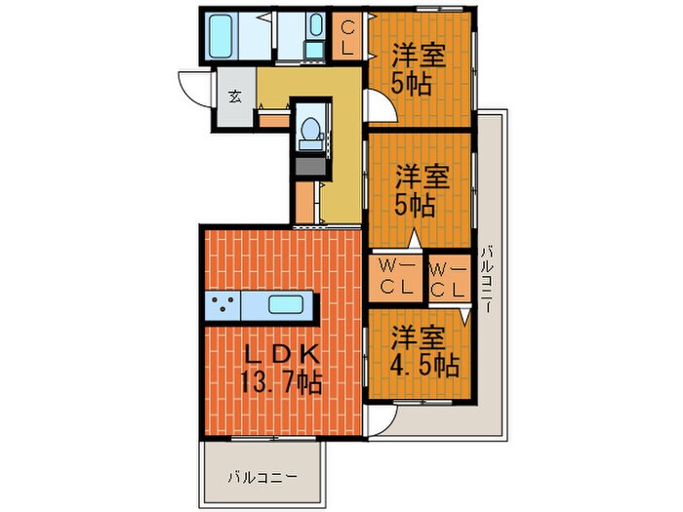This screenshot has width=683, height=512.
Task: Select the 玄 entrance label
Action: pos(235,96)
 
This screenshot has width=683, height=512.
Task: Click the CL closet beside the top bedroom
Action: pos(347,39)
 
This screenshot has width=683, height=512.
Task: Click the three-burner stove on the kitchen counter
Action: pos(223,304)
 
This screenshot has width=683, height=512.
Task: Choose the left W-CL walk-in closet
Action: pos(394,278)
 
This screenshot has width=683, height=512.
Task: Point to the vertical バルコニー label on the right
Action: pos(487,277)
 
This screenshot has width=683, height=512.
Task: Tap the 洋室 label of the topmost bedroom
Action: pos(421,53)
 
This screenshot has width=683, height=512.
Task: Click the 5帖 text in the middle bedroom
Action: pos(415,206)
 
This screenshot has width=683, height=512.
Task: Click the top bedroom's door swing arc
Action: pos(378,107)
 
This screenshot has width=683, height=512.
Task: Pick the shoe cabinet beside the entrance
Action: pos(272,122)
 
